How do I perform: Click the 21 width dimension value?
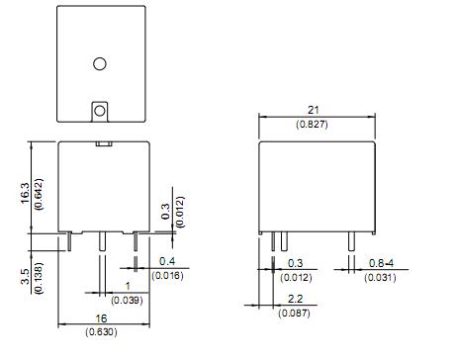[x=313, y=110]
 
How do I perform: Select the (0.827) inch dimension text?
[x=312, y=125]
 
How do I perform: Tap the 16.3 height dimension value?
[x=25, y=193]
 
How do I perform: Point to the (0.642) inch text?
[x=39, y=194]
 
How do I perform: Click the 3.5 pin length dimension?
[x=25, y=276]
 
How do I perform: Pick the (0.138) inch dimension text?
[x=39, y=278]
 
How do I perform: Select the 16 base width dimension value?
[x=101, y=318]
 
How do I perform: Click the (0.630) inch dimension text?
[x=101, y=331]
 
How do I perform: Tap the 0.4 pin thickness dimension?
[x=167, y=261]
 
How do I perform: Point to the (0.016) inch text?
[x=167, y=275]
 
